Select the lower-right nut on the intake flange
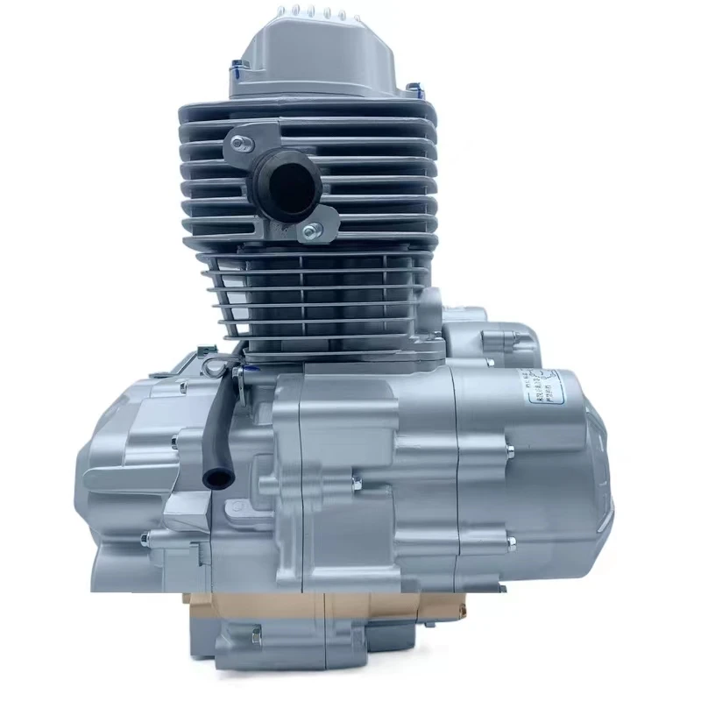(x=309, y=232)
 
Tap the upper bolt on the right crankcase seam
(x=509, y=452)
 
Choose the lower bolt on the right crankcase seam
(x=509, y=543)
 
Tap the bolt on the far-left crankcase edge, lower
(x=145, y=538)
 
